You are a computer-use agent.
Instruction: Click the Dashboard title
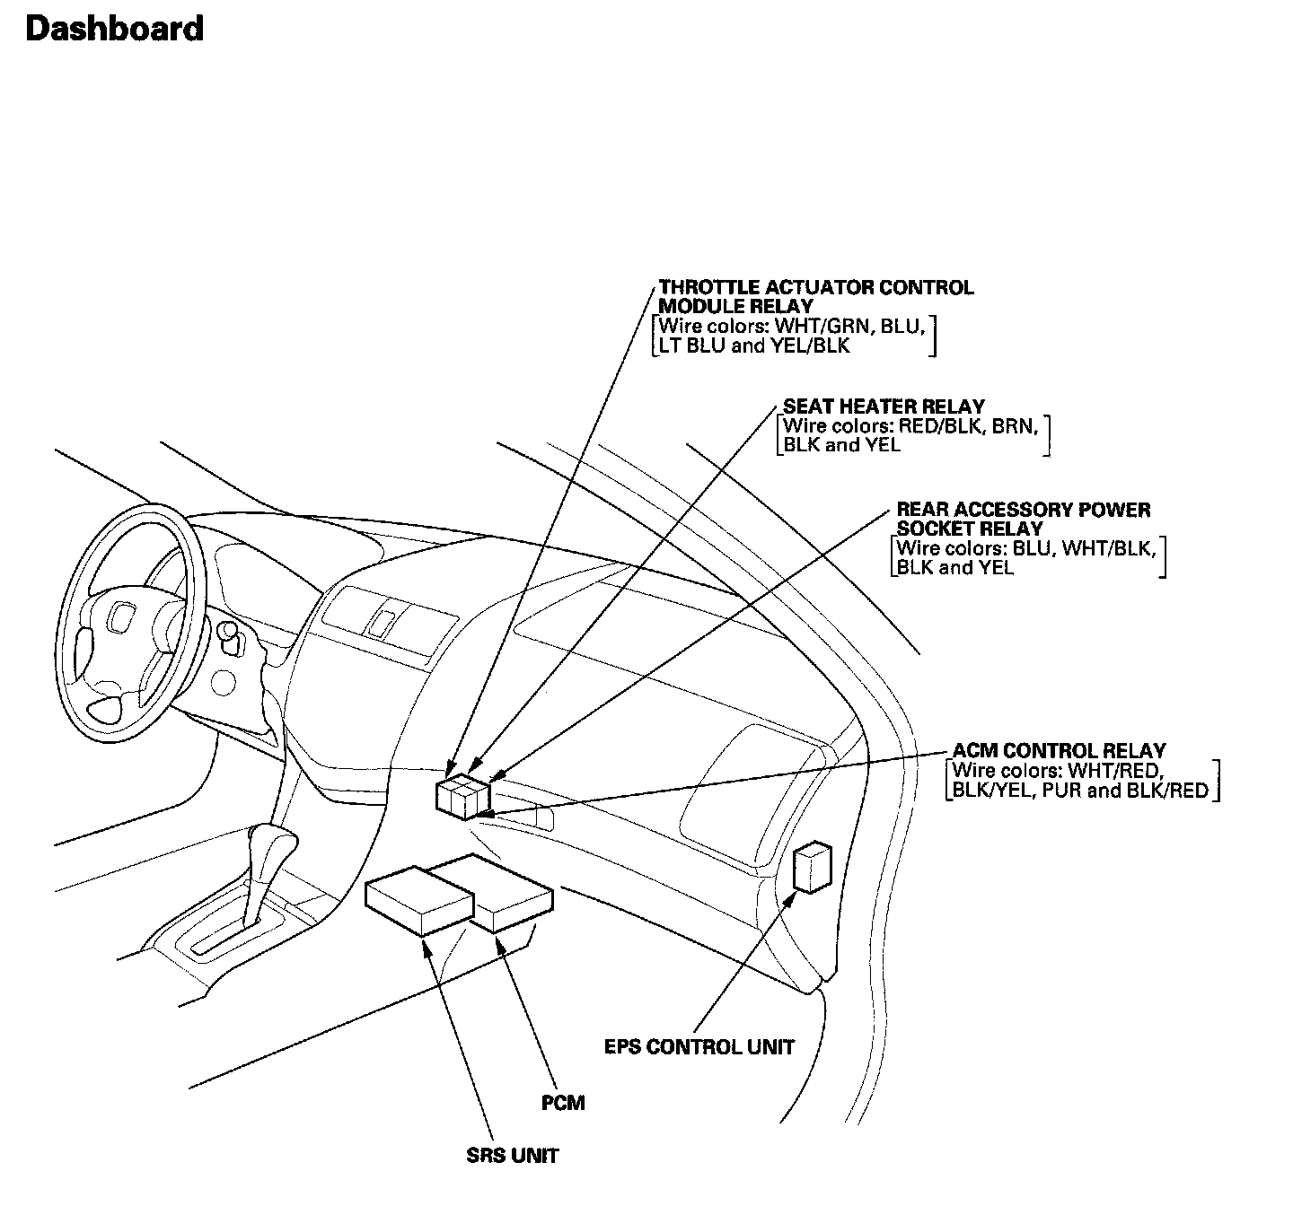[x=115, y=29]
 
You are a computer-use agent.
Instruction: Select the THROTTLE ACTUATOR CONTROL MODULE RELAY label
[x=815, y=297]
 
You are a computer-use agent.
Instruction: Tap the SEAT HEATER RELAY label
[x=884, y=406]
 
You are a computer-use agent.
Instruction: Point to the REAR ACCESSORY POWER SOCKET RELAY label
[x=1023, y=520]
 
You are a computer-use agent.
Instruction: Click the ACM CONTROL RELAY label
[x=1059, y=750]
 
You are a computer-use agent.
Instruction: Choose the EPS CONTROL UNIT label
[x=699, y=1047]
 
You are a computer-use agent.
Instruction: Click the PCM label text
[x=563, y=1102]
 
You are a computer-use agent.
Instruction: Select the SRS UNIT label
[x=512, y=1156]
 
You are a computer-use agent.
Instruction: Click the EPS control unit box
[x=812, y=867]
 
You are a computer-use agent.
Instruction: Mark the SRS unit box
[x=418, y=901]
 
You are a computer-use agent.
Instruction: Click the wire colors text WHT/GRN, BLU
[x=793, y=327]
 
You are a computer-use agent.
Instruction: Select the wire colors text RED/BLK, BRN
[x=910, y=426]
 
